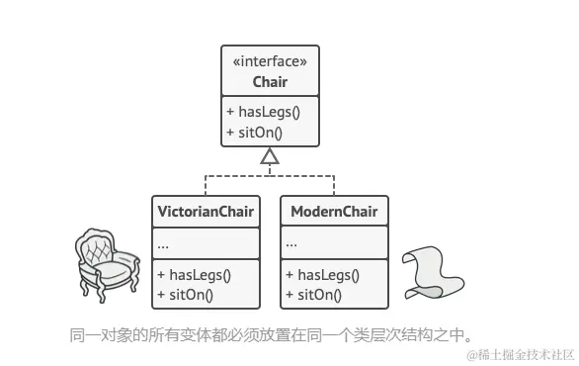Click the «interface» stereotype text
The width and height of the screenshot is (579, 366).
click(270, 62)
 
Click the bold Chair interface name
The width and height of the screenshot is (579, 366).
click(270, 82)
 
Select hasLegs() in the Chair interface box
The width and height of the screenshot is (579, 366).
click(263, 112)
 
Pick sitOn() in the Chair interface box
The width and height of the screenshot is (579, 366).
click(255, 132)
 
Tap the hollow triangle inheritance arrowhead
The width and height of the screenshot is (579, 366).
click(270, 156)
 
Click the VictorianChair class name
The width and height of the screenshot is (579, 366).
click(206, 211)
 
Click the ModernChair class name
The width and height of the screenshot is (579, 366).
click(333, 211)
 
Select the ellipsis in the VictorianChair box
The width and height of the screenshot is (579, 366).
click(163, 242)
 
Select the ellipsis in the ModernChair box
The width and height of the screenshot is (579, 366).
click(291, 242)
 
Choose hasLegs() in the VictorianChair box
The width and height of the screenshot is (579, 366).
click(194, 274)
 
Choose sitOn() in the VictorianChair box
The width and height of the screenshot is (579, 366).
click(186, 294)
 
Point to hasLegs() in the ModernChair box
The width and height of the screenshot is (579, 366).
click(322, 274)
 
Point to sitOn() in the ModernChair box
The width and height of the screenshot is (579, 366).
click(314, 294)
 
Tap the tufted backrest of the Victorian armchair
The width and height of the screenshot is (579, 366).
click(101, 247)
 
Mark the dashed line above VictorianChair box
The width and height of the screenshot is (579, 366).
click(206, 185)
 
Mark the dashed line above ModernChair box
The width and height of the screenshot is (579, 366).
click(333, 185)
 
